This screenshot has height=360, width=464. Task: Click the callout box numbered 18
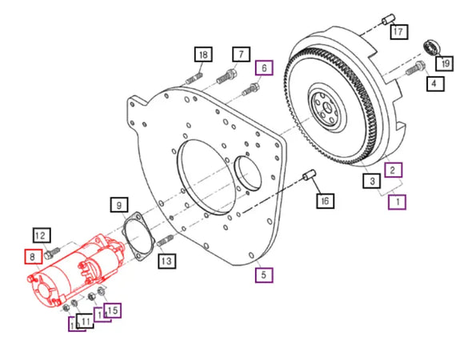pos(203,54)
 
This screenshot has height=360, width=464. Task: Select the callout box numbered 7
pos(238,54)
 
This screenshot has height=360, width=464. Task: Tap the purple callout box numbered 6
pos(264,69)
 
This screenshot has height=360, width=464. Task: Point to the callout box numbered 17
pos(398,31)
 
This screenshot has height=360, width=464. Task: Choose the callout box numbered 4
pos(434,82)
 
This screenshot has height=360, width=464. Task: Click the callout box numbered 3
pos(372,182)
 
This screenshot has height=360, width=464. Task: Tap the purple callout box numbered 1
pos(398,202)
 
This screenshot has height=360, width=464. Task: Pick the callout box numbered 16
pos(323,201)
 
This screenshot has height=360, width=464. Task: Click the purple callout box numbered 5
pos(263,274)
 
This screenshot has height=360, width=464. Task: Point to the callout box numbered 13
pos(166,260)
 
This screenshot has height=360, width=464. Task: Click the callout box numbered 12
pos(42,235)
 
